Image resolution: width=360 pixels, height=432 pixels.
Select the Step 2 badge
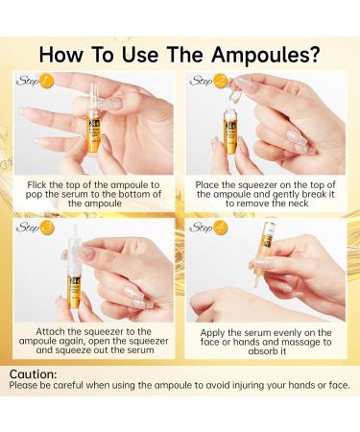207,82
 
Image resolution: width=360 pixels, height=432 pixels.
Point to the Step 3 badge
35,228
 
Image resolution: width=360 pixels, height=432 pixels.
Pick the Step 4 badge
207,228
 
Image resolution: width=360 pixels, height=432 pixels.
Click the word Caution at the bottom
33,373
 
